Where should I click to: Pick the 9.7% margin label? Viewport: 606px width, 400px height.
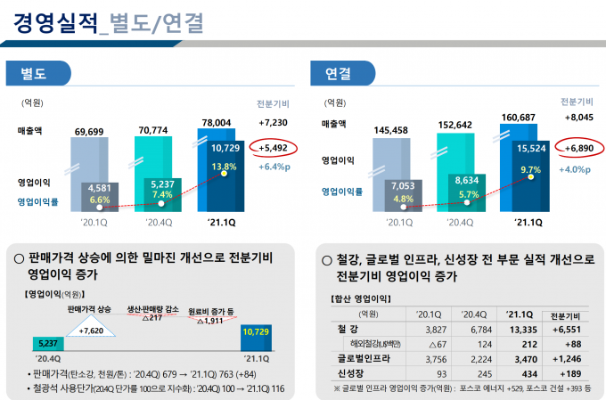530,169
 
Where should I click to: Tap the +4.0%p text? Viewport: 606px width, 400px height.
577,169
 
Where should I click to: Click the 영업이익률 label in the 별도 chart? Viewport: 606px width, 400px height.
40,201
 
